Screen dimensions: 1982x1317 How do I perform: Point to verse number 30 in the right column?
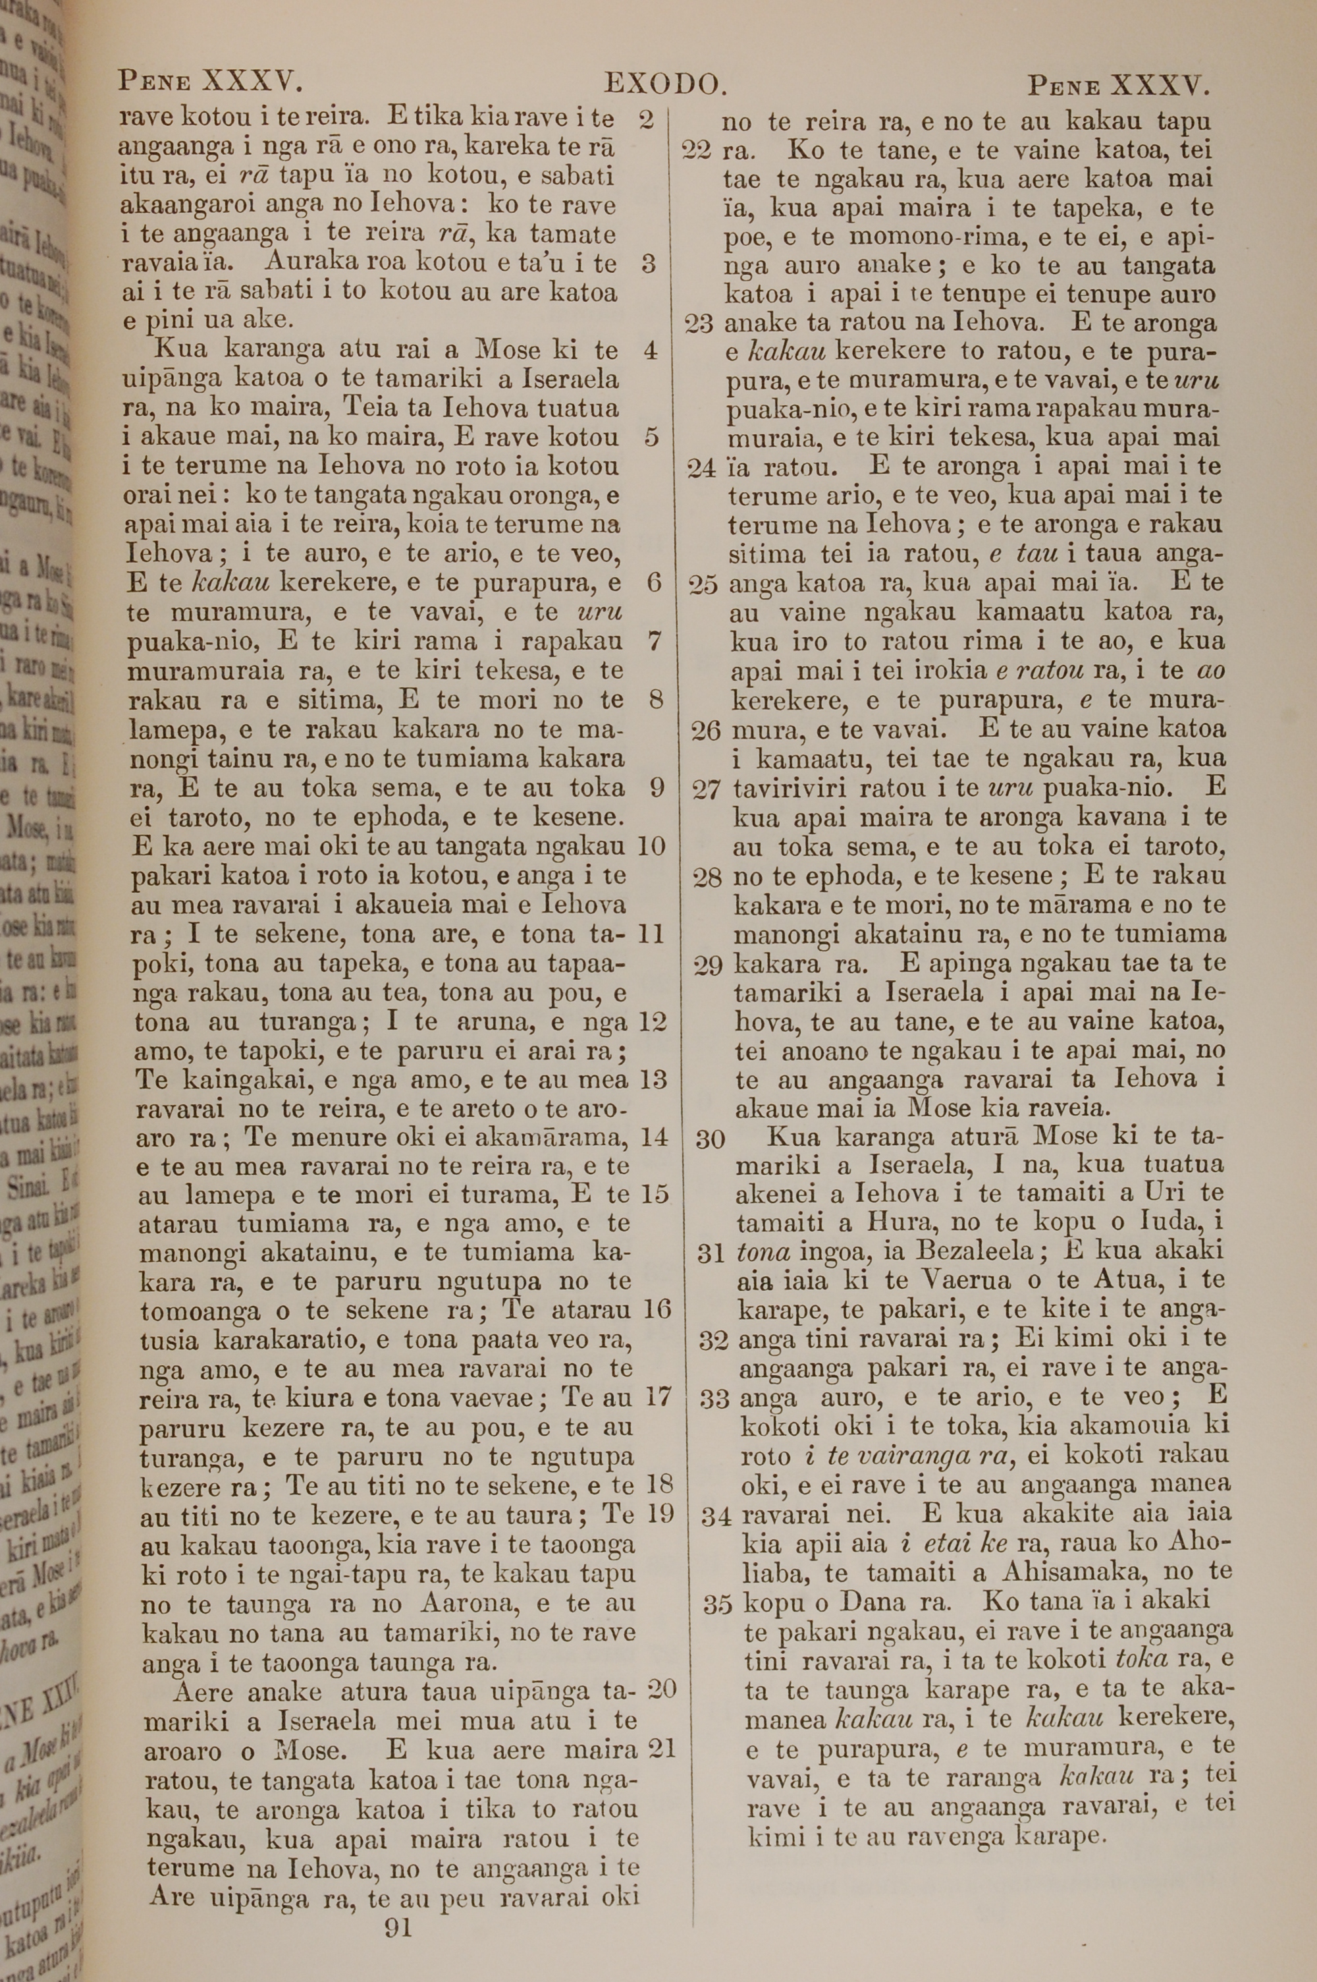point(711,1139)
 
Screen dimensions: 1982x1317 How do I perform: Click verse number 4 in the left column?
point(650,351)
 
